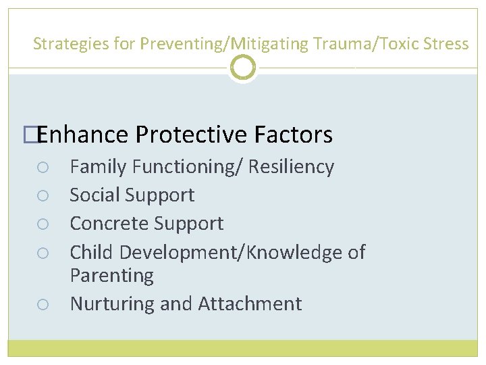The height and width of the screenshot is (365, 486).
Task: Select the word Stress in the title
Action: click(x=446, y=45)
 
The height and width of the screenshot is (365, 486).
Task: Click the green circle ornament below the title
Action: click(x=243, y=68)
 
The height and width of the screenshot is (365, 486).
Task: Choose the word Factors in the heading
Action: click(x=294, y=135)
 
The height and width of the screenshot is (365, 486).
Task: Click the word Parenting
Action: click(x=111, y=276)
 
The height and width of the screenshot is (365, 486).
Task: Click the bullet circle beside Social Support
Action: click(x=42, y=196)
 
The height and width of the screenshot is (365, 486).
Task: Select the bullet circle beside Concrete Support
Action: click(x=42, y=224)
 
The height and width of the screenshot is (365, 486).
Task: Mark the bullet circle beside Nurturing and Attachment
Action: click(x=42, y=305)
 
